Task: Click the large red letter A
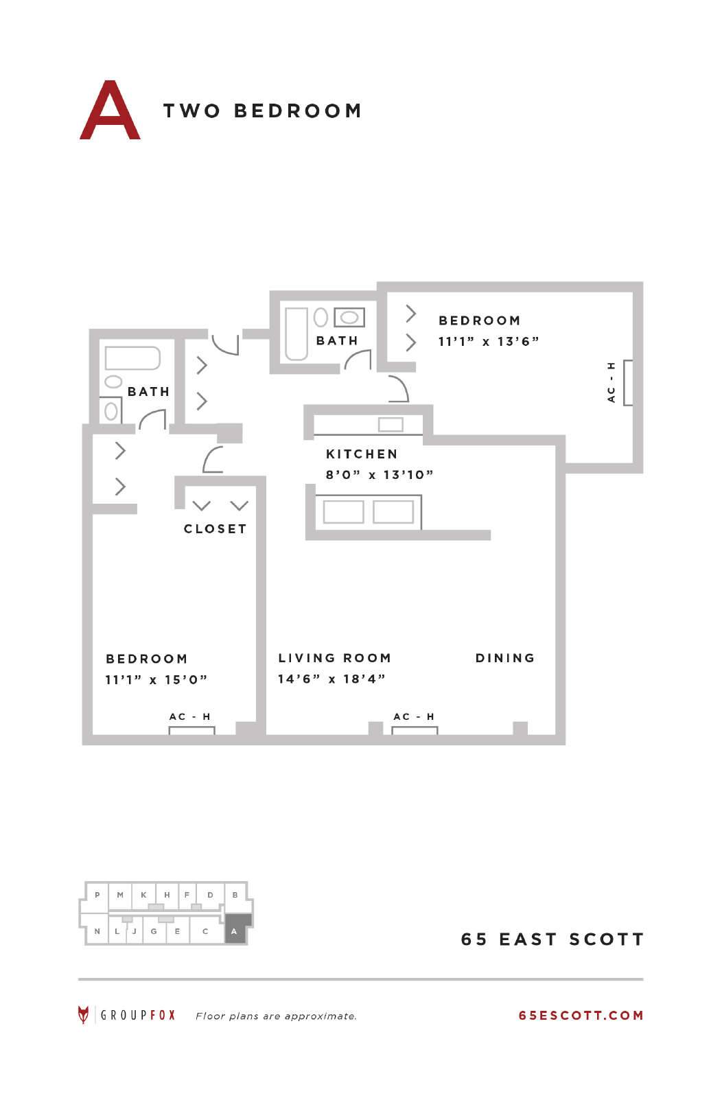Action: pos(110,110)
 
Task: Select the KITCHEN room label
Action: pos(362,454)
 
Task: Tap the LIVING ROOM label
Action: pos(334,658)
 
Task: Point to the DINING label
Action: pos(505,658)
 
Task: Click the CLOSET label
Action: pos(216,528)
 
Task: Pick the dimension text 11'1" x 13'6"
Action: pos(488,341)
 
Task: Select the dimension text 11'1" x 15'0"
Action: pos(156,679)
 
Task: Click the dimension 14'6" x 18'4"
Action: pos(331,679)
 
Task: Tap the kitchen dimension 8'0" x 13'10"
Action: pos(380,474)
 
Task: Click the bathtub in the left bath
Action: pos(132,358)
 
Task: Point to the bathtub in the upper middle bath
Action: pos(296,334)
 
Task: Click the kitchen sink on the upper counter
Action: pos(391,425)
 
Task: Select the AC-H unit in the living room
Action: pos(414,730)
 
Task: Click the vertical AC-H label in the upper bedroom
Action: pos(611,382)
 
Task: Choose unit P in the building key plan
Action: pos(97,895)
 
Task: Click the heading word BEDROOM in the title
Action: pos(298,110)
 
